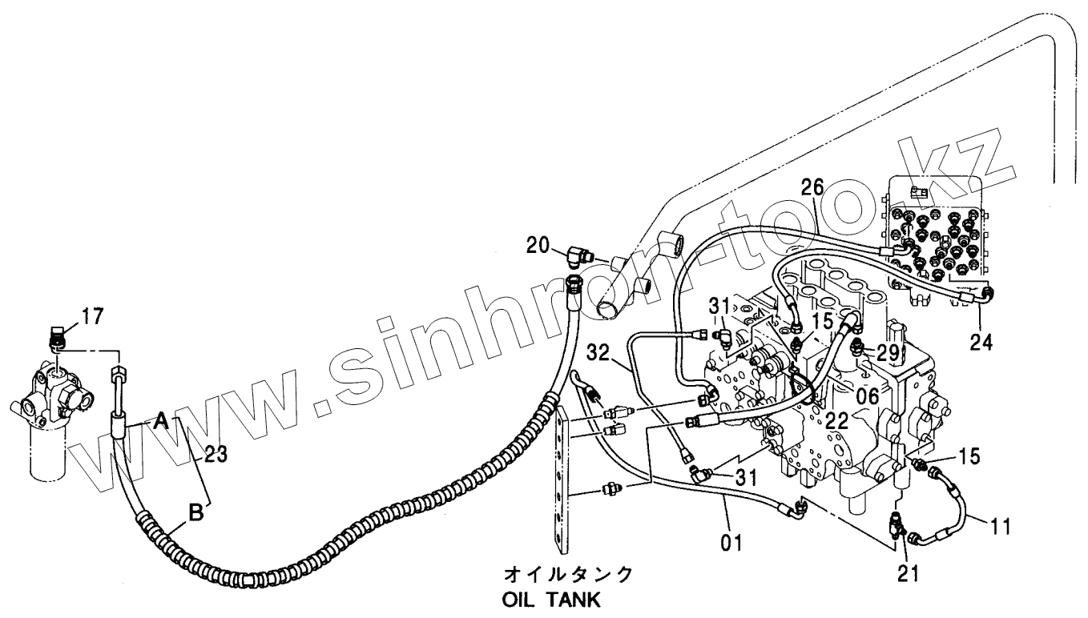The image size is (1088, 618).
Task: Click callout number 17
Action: point(93,316)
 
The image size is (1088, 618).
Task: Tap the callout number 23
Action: point(216,455)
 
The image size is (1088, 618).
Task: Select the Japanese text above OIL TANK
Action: point(567,574)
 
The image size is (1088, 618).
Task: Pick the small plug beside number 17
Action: point(58,339)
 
